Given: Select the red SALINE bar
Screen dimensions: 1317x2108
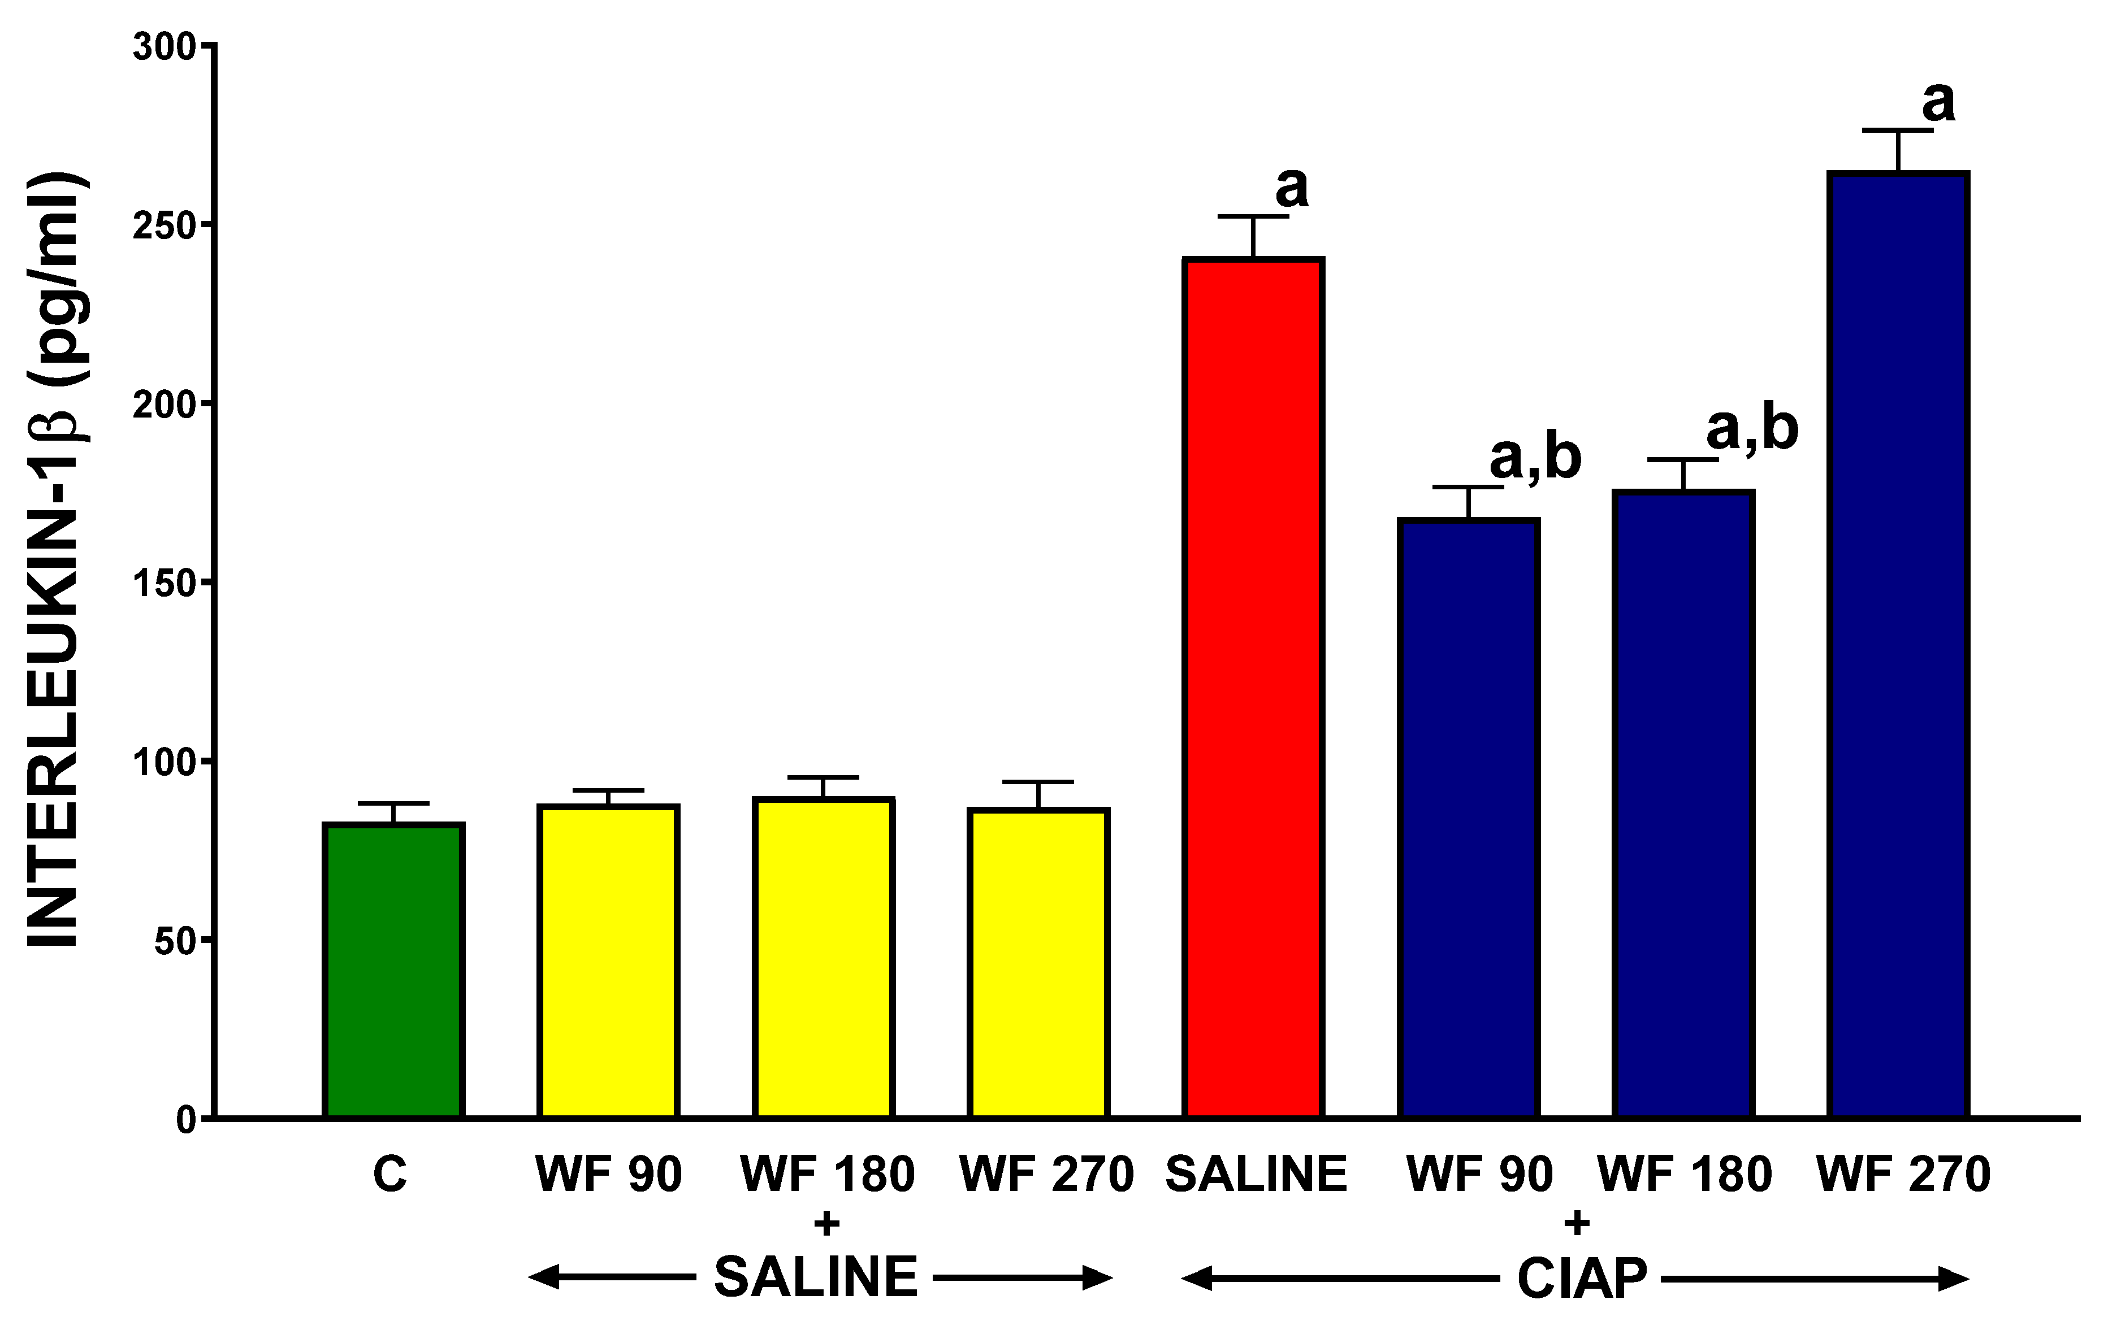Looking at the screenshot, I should [x=1253, y=688].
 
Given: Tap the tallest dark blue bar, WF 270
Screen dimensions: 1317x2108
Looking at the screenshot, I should [x=1898, y=645].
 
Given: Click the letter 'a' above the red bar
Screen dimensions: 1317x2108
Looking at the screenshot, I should [x=1292, y=186].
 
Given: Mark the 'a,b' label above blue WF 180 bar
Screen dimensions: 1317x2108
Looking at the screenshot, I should [x=1752, y=428].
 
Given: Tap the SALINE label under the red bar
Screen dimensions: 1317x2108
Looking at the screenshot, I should [x=1256, y=1174].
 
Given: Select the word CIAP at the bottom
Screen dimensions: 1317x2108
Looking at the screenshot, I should [x=1582, y=1279].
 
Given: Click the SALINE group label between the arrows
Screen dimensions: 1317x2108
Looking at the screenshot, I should [x=816, y=1277].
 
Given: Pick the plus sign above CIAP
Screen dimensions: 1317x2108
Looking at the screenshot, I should [x=1575, y=1224].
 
